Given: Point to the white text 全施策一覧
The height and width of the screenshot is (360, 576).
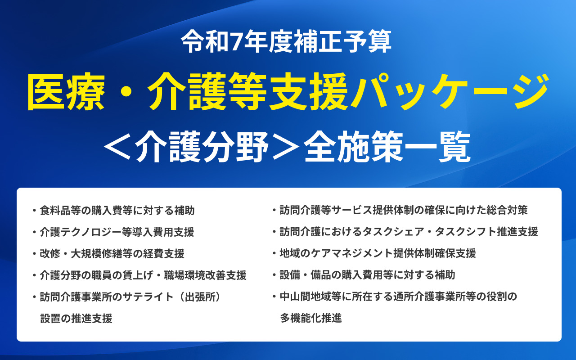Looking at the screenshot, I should (387, 147).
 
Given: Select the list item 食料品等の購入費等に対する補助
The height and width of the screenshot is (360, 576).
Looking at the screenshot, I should (117, 210).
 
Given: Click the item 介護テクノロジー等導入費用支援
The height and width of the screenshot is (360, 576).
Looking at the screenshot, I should (117, 232).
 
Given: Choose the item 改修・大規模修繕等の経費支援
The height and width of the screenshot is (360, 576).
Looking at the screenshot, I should (112, 254).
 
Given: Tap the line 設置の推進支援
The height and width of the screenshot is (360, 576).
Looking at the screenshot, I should (76, 319).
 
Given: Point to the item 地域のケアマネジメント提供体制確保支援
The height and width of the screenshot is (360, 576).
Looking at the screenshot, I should (378, 253).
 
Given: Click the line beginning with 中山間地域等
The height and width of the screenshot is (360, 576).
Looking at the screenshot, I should (398, 297).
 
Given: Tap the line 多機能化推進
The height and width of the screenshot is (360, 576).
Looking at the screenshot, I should (311, 318).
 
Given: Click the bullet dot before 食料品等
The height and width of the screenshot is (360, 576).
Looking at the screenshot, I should (34, 210).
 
